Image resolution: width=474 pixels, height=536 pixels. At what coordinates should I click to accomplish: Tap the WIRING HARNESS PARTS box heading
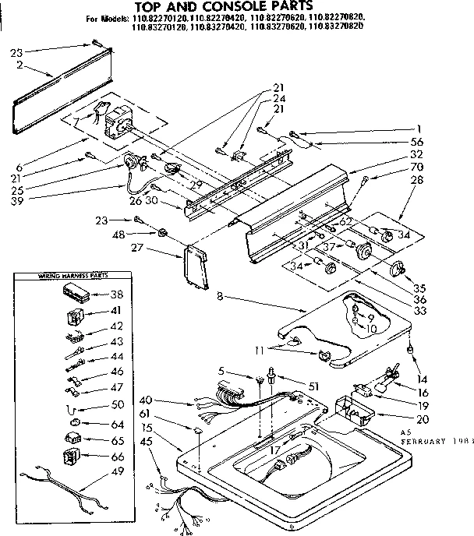[x=63, y=277]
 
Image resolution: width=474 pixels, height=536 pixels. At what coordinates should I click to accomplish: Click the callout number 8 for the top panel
[x=221, y=296]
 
